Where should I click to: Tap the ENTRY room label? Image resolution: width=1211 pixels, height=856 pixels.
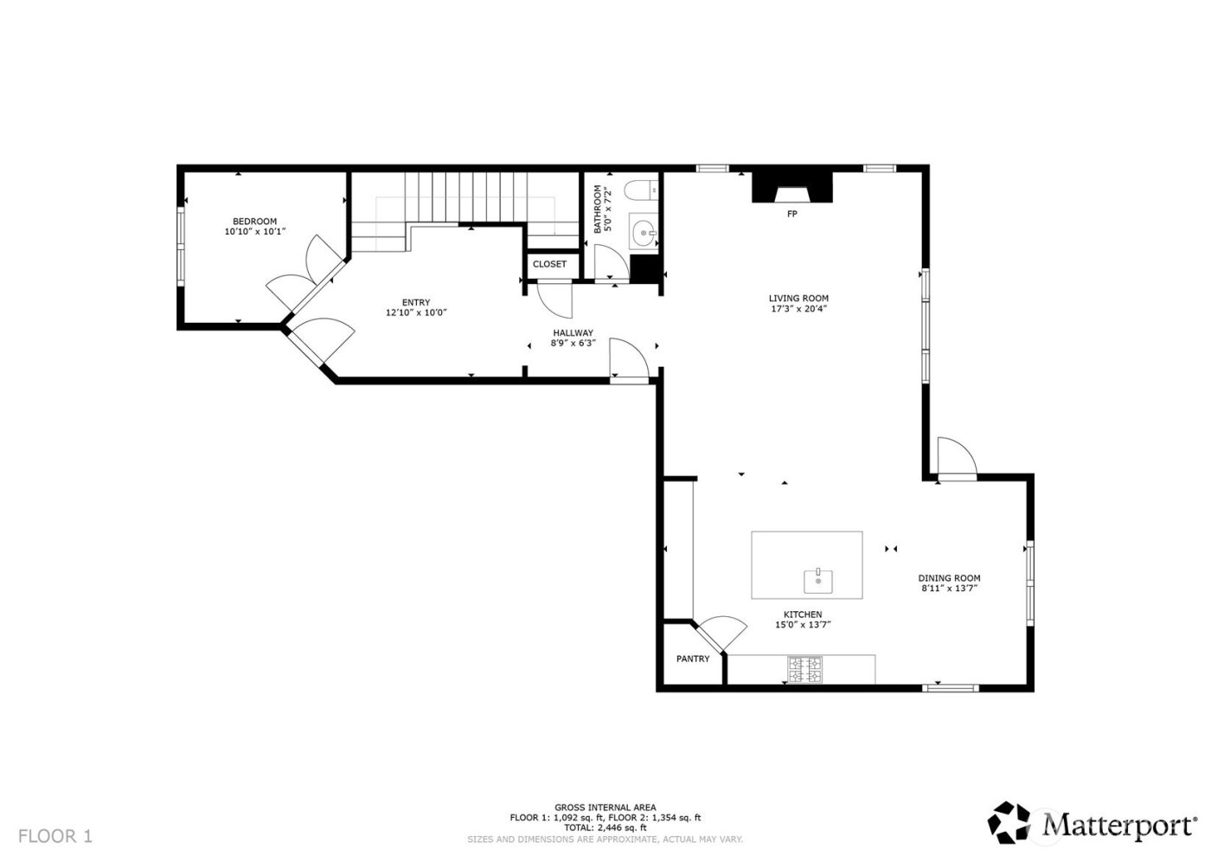click(415, 303)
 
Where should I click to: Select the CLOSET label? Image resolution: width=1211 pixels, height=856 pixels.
click(549, 264)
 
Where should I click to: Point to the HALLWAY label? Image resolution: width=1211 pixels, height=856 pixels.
click(573, 332)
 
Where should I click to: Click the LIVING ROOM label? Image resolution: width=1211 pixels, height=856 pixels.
click(798, 299)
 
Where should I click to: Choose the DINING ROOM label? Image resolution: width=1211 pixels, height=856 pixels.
click(949, 578)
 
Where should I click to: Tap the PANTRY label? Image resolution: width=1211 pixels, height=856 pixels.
click(692, 659)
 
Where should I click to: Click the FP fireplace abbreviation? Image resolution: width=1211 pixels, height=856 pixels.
click(791, 213)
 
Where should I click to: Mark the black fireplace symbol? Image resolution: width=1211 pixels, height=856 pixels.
click(791, 188)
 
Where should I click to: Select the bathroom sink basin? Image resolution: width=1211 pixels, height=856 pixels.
click(643, 231)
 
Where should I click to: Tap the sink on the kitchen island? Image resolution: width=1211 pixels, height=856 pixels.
click(817, 581)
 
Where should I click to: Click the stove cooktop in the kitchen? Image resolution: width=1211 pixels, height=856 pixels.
click(804, 669)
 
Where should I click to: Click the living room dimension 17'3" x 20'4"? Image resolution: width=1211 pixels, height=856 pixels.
click(798, 309)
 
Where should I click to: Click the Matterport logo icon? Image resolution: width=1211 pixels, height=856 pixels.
click(1010, 822)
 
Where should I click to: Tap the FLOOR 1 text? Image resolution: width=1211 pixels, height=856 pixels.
click(54, 836)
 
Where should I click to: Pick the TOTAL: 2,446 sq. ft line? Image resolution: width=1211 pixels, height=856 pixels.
click(605, 828)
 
